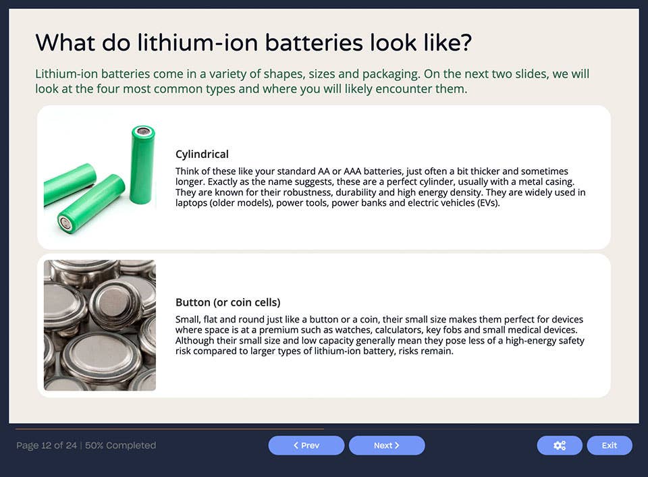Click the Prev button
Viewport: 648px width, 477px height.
pos(306,445)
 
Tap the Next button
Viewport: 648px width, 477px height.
pos(387,445)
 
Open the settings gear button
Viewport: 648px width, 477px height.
pos(559,445)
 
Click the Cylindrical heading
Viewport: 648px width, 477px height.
pos(202,154)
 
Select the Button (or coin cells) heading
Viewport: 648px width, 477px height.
pos(227,302)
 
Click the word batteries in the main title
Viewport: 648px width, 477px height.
pos(315,43)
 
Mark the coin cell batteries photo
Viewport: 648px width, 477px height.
pos(100,325)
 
